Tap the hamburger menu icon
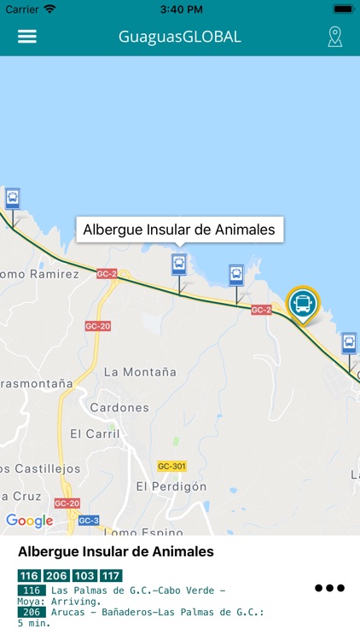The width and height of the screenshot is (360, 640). pyautogui.click(x=27, y=37)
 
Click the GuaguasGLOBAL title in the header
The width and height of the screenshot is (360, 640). pyautogui.click(x=180, y=37)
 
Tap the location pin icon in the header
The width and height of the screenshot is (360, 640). pyautogui.click(x=335, y=37)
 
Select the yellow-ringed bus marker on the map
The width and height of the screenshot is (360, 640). pyautogui.click(x=301, y=304)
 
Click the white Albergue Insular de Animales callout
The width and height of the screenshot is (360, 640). pyautogui.click(x=179, y=230)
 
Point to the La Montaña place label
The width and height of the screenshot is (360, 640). pyautogui.click(x=140, y=372)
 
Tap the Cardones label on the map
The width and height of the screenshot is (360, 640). pyautogui.click(x=119, y=407)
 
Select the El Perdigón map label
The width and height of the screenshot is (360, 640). pyautogui.click(x=171, y=486)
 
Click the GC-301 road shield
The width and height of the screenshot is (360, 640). pyautogui.click(x=171, y=466)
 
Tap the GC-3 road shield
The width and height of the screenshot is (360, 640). pyautogui.click(x=89, y=521)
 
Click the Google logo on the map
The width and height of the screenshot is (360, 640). pyautogui.click(x=29, y=521)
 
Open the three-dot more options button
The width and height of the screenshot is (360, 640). pyautogui.click(x=329, y=588)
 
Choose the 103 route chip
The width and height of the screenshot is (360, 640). pyautogui.click(x=84, y=576)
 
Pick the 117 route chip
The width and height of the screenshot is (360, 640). pyautogui.click(x=111, y=576)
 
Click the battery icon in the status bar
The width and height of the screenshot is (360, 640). pyautogui.click(x=343, y=9)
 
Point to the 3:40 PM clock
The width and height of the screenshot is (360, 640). pyautogui.click(x=179, y=9)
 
